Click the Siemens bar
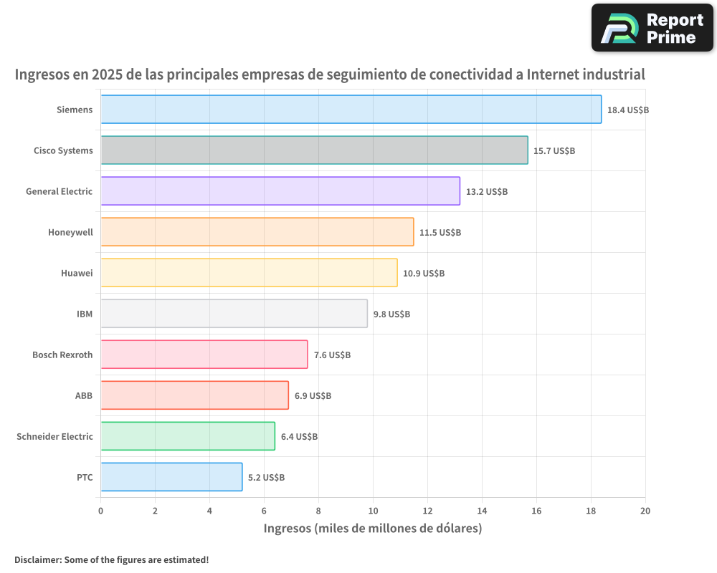[x=351, y=110]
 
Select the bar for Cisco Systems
[x=314, y=150]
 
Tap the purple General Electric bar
[x=280, y=191]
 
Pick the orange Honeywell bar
[x=257, y=232]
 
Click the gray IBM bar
[x=234, y=314]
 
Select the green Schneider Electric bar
[x=188, y=436]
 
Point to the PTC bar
[x=171, y=477]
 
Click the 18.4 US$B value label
[x=627, y=110]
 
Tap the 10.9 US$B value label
[x=423, y=274]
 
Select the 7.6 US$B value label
[x=332, y=355]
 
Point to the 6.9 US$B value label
[x=313, y=396]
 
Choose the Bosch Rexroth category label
[x=62, y=355]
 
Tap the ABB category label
[x=84, y=395]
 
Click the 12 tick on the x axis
[x=427, y=511]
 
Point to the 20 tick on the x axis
[x=645, y=511]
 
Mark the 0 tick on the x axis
[x=100, y=511]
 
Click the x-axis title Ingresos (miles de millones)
[x=373, y=529]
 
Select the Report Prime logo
[x=652, y=28]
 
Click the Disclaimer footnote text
[x=112, y=559]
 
